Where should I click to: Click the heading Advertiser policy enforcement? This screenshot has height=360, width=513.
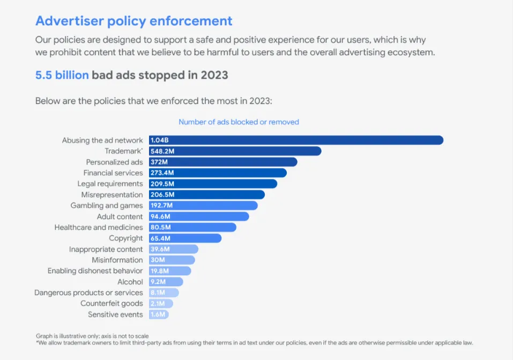[134, 21]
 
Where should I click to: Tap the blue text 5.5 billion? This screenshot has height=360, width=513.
[62, 75]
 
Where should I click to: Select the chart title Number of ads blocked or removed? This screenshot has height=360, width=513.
[239, 122]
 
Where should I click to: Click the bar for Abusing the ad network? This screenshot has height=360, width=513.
[296, 140]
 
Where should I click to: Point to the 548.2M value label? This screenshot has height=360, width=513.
[162, 151]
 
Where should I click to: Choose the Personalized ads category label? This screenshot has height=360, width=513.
[114, 162]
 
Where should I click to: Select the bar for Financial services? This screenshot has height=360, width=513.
[218, 173]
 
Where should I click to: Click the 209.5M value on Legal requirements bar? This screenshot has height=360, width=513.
[162, 184]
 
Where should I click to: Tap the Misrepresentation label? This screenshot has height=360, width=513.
[112, 194]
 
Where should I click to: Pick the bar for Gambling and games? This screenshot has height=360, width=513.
[203, 206]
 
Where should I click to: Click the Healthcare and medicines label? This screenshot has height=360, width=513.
[99, 227]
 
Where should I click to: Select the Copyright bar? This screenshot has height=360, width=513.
[185, 238]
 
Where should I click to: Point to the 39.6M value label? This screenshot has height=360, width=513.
[160, 249]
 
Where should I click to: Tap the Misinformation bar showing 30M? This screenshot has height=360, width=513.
[172, 260]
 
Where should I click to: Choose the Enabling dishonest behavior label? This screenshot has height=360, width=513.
[95, 271]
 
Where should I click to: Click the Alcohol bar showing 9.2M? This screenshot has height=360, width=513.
[166, 282]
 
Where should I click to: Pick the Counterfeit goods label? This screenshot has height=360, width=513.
[111, 304]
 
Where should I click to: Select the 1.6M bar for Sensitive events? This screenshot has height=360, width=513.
[159, 314]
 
